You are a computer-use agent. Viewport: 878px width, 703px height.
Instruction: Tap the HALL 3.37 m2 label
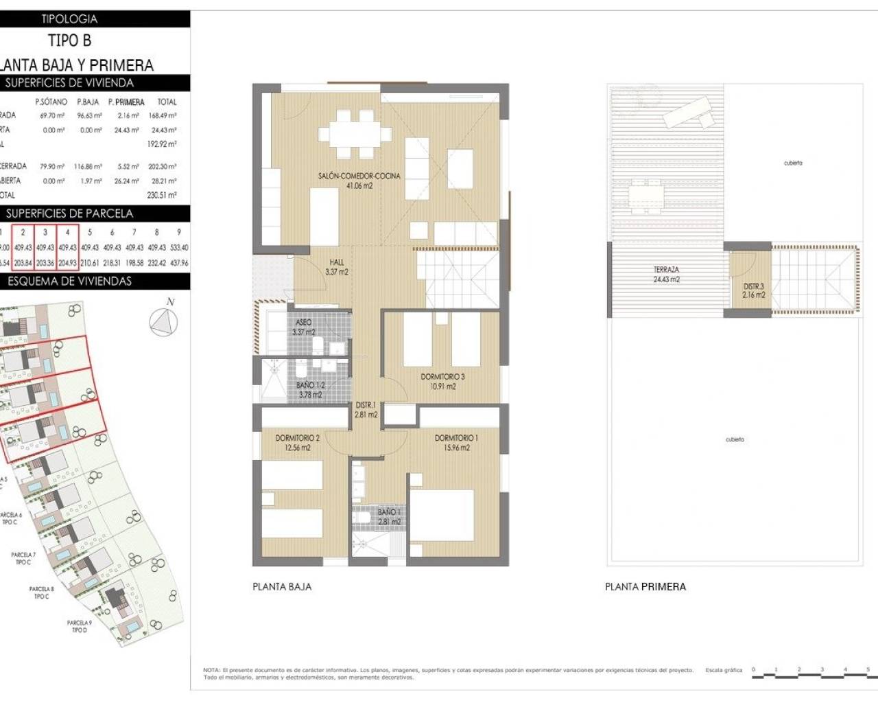coord(336,267)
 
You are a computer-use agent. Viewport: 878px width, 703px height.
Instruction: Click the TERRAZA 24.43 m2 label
coord(666,275)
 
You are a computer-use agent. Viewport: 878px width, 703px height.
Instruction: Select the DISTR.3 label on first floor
coord(753,290)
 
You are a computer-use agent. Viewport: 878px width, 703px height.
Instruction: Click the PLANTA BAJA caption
coord(282,587)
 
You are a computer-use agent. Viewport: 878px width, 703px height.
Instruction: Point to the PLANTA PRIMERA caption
coord(645,587)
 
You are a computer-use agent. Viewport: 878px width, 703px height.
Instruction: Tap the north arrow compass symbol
coord(163,322)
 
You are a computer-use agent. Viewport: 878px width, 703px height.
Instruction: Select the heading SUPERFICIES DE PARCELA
coord(69,214)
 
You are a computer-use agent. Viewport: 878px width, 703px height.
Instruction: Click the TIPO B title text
coord(69,41)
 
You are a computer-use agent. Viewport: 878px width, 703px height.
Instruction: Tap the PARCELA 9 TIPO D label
coord(79,626)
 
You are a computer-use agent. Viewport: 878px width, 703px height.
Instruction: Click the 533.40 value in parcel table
coord(178,247)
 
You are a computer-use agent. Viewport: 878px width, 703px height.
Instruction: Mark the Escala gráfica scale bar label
coord(724,670)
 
